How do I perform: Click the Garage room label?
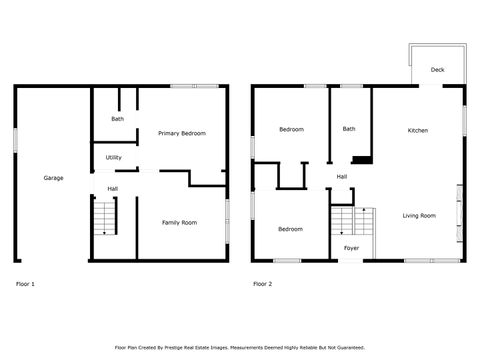tap(53, 178)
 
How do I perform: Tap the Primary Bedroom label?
tap(181, 133)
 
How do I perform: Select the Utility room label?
tap(113, 157)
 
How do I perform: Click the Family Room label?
tap(179, 222)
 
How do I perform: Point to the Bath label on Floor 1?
tap(117, 119)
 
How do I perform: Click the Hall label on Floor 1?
tap(113, 187)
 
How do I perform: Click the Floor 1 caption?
tap(25, 284)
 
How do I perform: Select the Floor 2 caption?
tap(262, 284)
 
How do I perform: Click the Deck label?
tap(437, 70)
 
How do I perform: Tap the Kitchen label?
tap(417, 131)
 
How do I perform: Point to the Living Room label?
tap(419, 216)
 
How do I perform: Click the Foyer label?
tap(351, 247)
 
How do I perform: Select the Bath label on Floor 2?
tap(348, 128)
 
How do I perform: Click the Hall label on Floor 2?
tap(341, 177)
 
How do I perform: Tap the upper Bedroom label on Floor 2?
tap(291, 130)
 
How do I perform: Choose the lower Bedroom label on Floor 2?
tap(290, 229)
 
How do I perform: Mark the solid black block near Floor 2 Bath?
tap(362, 158)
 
